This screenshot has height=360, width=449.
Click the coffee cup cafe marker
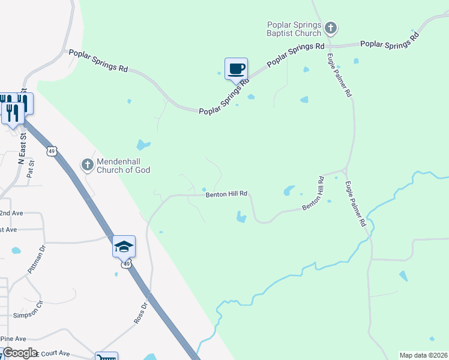click(x=236, y=69)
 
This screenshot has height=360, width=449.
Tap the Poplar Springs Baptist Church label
click(x=294, y=29)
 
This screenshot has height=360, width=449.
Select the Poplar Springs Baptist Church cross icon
click(x=330, y=28)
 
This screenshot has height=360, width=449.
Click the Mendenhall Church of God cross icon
click(x=88, y=164)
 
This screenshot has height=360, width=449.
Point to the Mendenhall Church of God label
click(x=124, y=165)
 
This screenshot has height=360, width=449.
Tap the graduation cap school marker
click(x=124, y=247)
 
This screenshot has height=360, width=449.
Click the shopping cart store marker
click(x=106, y=357)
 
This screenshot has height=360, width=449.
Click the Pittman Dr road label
click(x=36, y=259)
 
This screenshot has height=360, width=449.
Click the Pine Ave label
click(x=13, y=338)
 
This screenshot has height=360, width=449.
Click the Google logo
click(x=19, y=353)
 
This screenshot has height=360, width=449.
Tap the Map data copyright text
click(x=423, y=355)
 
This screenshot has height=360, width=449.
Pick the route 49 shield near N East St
click(x=52, y=151)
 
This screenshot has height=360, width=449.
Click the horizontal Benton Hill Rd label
click(x=226, y=194)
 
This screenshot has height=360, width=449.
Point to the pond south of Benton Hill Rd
click(x=241, y=217)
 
